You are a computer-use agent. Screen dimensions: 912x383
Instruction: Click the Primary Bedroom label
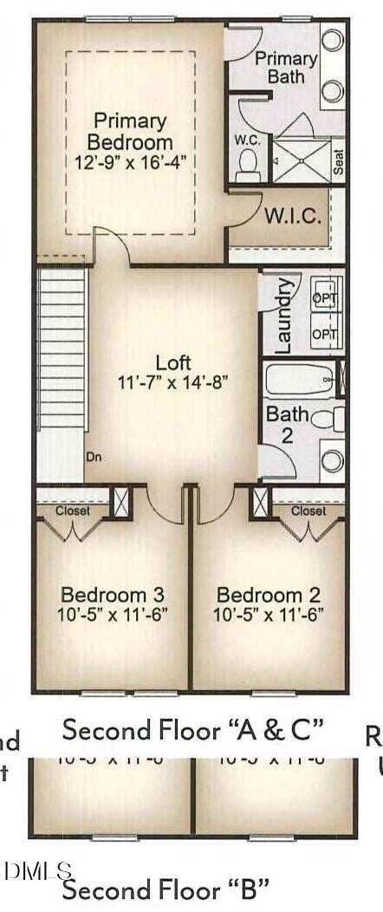pos(133,130)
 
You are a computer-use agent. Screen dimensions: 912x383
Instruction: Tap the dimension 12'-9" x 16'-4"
pos(133,160)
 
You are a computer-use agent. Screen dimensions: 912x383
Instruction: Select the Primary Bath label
pos(285,68)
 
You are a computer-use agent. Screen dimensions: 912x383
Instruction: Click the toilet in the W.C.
pos(248,164)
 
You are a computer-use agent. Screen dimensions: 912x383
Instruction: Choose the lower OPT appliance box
pos(326,334)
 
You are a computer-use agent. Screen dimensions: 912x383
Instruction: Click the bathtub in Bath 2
pos(300,379)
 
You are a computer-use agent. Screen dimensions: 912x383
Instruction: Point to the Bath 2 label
pos(287,424)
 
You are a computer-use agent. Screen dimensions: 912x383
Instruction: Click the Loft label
pos(173,362)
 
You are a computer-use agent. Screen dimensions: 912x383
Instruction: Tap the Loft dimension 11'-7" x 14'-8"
pos(173,381)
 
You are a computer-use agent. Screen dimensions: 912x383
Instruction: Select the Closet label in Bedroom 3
pos(73,511)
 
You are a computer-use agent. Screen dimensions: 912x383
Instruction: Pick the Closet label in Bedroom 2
pos(308,511)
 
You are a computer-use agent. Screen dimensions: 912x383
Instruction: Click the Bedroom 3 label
pos(113,595)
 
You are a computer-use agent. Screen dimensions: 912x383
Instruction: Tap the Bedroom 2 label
pos(269,595)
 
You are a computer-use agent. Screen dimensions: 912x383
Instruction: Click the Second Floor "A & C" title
pos(192,730)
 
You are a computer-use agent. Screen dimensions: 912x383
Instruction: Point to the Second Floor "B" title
pos(165,889)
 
